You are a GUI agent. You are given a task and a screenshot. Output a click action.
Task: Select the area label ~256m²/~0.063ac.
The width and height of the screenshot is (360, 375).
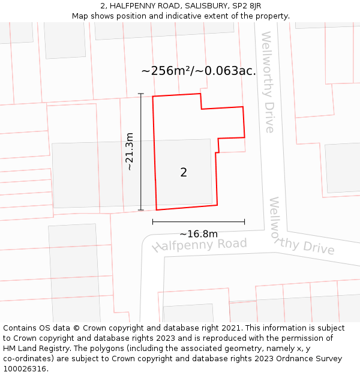pos(199,71)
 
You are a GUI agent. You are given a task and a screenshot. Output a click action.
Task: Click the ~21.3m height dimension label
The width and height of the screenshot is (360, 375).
pos(130,152)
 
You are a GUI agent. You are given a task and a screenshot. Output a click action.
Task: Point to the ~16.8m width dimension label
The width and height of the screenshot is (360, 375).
pos(199,234)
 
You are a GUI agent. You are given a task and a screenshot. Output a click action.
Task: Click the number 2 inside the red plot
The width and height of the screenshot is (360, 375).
pos(184,173)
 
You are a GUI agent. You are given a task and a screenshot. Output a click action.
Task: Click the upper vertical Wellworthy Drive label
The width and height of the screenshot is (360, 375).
pos(268,82)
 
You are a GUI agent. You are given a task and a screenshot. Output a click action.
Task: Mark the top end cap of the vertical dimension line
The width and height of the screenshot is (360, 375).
pos(141,94)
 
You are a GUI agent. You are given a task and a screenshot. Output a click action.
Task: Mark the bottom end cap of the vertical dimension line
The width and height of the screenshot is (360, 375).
pos(141,210)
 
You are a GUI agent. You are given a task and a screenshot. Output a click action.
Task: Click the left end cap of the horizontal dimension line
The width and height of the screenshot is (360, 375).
pos(153,222)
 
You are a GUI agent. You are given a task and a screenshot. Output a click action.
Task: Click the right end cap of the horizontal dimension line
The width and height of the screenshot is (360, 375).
pos(245,222)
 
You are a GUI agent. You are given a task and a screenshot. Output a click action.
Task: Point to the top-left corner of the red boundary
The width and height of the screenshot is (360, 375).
pos(153,97)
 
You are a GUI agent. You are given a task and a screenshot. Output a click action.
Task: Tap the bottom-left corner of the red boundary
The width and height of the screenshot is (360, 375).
pos(157,210)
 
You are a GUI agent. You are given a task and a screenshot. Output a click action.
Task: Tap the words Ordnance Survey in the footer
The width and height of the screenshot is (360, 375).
pos(312,359)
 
